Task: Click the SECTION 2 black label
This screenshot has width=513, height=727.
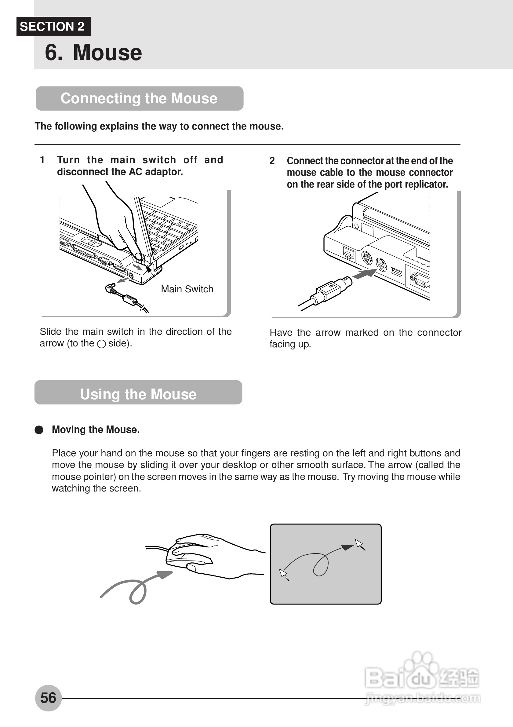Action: pyautogui.click(x=53, y=27)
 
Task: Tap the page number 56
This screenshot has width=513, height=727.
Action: pyautogui.click(x=48, y=698)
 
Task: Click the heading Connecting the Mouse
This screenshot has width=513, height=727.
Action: pyautogui.click(x=139, y=98)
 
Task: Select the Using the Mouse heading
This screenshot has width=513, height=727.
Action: pyautogui.click(x=138, y=394)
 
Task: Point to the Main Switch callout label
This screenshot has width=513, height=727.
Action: pyautogui.click(x=187, y=289)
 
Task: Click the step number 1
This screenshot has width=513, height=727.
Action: pyautogui.click(x=42, y=160)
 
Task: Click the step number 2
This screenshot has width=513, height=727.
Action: pyautogui.click(x=272, y=161)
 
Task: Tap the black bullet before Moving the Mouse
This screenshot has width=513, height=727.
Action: pyautogui.click(x=39, y=430)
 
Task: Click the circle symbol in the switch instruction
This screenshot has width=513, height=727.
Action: pyautogui.click(x=101, y=344)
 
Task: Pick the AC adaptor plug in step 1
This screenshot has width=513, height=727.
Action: pyautogui.click(x=111, y=288)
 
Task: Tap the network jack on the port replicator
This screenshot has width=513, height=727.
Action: pyautogui.click(x=348, y=253)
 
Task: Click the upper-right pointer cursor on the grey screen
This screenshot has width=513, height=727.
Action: pyautogui.click(x=360, y=545)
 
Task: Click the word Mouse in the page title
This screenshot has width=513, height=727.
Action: pyautogui.click(x=107, y=52)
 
